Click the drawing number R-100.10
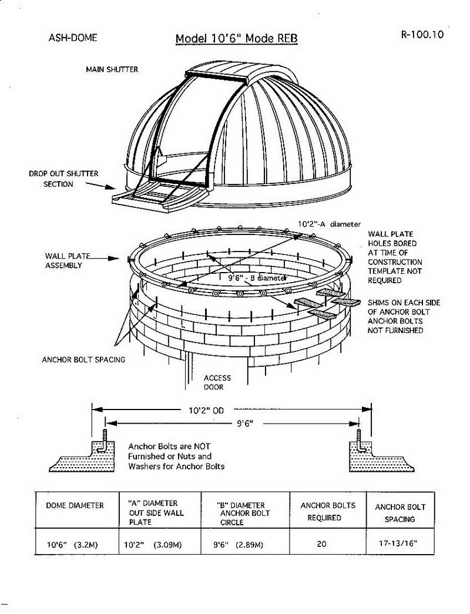click(x=421, y=34)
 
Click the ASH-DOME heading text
click(x=73, y=38)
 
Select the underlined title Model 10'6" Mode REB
click(x=237, y=39)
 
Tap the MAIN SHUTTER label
click(x=112, y=69)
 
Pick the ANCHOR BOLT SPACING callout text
click(x=83, y=360)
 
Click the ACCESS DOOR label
click(x=217, y=383)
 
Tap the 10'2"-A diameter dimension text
click(x=329, y=224)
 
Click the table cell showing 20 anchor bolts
click(x=321, y=544)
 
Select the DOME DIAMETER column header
click(x=75, y=505)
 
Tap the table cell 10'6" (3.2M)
click(x=73, y=545)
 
